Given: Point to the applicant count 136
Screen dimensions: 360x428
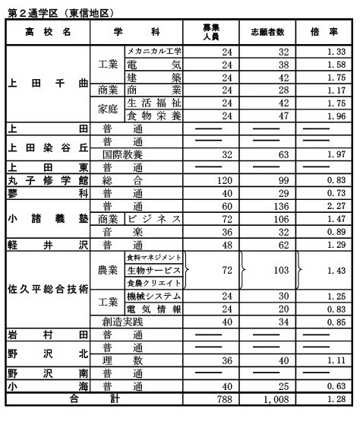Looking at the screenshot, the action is click(267, 205).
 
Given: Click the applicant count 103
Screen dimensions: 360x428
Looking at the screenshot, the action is click(267, 271).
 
